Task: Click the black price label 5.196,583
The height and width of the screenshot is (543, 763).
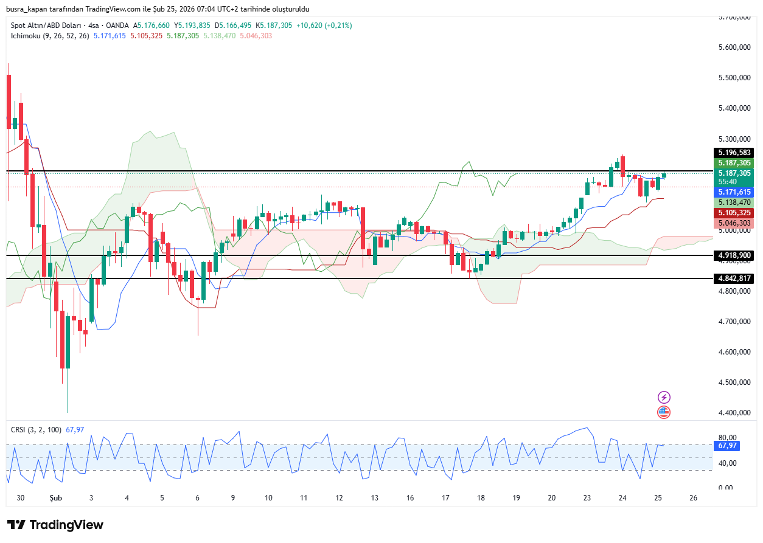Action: coord(734,153)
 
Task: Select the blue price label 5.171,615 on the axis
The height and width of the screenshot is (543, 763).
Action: coord(734,192)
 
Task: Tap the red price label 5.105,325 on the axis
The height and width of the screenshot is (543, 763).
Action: coord(734,213)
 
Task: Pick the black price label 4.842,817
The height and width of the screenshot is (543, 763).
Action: coord(734,278)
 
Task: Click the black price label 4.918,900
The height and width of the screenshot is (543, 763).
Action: coord(734,255)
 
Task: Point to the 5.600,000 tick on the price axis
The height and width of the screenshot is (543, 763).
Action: coord(734,47)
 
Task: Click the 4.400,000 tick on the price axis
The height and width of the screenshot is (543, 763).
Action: coord(734,413)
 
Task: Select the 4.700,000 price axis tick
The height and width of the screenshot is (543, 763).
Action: coord(734,322)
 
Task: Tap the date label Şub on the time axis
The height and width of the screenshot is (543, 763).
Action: coord(55,498)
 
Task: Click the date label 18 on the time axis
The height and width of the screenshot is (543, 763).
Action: coord(481,498)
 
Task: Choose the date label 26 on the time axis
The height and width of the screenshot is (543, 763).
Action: coord(693,498)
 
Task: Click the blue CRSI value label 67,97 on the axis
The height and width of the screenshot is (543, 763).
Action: coord(728,446)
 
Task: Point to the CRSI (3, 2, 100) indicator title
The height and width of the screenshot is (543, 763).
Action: coord(36,430)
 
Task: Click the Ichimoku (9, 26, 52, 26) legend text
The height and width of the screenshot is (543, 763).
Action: coord(50,36)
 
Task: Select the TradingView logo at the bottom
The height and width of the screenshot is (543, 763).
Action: coord(55,525)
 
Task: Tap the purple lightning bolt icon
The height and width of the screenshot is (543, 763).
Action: coord(664,397)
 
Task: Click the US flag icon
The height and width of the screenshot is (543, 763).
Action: coord(664,412)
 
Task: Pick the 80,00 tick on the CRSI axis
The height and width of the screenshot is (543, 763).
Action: coord(728,438)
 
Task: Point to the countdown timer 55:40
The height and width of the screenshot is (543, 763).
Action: coord(728,182)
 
